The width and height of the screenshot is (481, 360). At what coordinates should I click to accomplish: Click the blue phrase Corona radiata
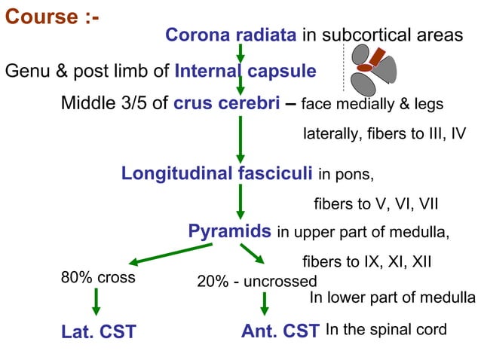click(x=231, y=35)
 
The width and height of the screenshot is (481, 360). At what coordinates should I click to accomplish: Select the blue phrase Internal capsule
click(x=245, y=72)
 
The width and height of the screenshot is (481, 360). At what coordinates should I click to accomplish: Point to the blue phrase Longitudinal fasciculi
click(x=217, y=174)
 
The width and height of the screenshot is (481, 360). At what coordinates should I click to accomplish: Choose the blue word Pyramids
click(x=229, y=230)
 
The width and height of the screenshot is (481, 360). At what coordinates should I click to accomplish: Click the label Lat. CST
click(x=98, y=331)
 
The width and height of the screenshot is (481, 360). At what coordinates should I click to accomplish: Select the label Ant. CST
click(x=280, y=331)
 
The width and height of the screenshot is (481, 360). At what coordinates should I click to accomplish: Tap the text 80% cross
click(x=98, y=277)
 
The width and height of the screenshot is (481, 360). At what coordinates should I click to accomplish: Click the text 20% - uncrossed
click(x=256, y=282)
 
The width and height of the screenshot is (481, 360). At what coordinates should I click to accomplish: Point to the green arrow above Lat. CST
click(x=96, y=301)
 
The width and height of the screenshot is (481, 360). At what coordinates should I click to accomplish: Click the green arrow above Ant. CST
click(x=264, y=303)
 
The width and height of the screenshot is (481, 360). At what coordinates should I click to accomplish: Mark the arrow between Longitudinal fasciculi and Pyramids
click(x=240, y=202)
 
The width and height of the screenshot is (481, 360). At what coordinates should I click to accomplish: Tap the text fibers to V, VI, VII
click(x=376, y=204)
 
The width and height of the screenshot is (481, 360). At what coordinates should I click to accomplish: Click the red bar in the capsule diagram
click(x=374, y=59)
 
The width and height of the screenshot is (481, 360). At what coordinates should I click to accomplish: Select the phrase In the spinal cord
click(x=386, y=329)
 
